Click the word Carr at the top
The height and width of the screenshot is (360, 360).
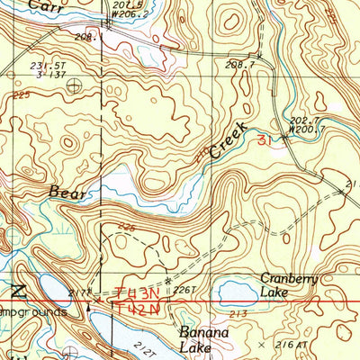pyautogui.click(x=39, y=6)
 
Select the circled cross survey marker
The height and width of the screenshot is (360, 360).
pyautogui.click(x=71, y=86)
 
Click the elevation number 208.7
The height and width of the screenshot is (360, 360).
pyautogui.click(x=236, y=65)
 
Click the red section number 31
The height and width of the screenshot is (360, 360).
pyautogui.click(x=263, y=140)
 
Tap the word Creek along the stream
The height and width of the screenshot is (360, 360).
pyautogui.click(x=229, y=138)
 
